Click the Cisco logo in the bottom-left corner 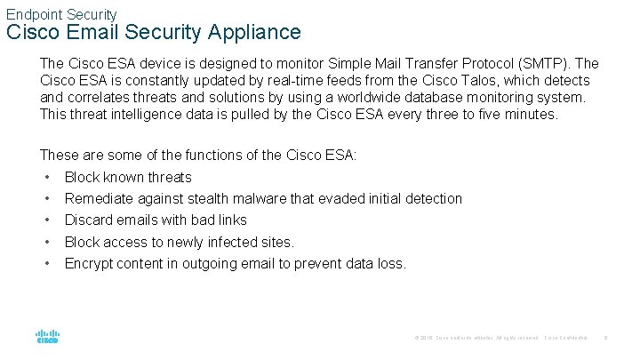pos(47,338)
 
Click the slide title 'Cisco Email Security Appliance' pos(154,33)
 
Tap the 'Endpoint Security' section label pos(61,14)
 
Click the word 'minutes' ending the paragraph pos(531,115)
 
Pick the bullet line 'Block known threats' pos(128,177)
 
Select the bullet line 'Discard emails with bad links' pos(156,220)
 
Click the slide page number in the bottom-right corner pos(605,339)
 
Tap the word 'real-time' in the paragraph pos(268,81)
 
